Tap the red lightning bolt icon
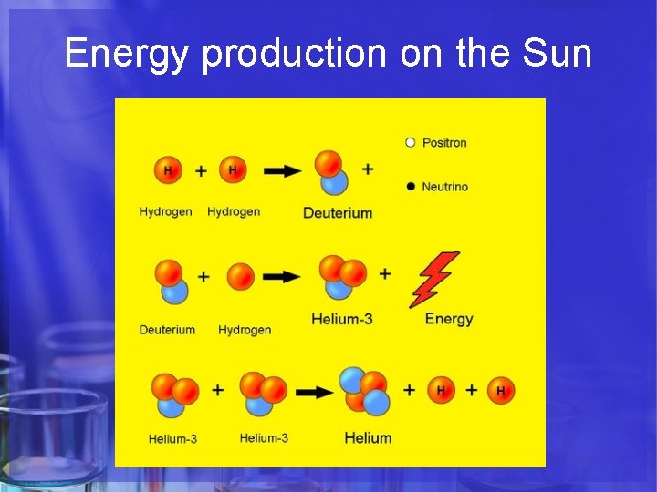coord(434,279)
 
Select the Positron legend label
coord(444,142)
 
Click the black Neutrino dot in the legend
coord(411,187)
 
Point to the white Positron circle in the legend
coord(411,142)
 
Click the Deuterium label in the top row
coord(338,213)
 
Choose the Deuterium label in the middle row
coord(167,330)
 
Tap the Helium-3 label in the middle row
coord(341,319)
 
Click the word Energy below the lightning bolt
coord(449,319)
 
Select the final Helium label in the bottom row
coord(368,438)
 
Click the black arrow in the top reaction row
coord(283,170)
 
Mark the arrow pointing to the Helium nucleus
coord(315,392)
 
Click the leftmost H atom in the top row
coord(168,170)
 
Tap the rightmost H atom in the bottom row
coord(500,391)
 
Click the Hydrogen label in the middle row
coord(245,330)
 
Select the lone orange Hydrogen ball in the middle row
coord(240,276)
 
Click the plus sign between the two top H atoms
coord(201,170)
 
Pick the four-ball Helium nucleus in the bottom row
coord(366,391)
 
